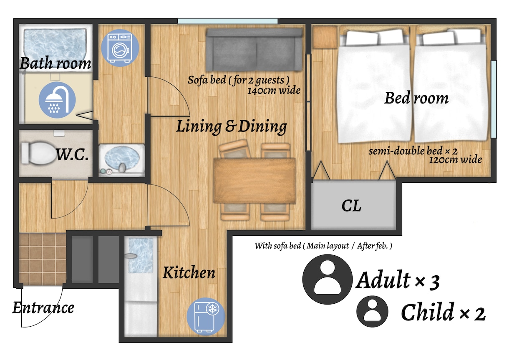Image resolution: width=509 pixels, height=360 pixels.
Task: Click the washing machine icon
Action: (120, 48)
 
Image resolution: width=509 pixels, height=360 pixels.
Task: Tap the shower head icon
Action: (57, 100)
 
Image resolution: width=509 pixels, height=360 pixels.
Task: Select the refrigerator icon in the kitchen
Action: (206, 316)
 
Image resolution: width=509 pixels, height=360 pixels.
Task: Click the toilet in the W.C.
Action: (39, 153)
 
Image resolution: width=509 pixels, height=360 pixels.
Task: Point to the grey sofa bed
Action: (254, 50)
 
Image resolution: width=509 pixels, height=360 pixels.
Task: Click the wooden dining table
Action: (255, 181)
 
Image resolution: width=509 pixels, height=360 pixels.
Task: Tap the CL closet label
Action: (351, 206)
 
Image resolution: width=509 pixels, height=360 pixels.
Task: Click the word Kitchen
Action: (189, 272)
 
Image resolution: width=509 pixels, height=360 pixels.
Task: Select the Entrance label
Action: (43, 308)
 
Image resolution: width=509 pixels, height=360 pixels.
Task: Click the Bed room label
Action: (416, 98)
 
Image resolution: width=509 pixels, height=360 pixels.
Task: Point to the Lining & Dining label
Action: (232, 126)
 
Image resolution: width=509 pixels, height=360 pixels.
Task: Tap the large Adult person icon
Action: (328, 279)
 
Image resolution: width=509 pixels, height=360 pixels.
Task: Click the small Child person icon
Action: (372, 311)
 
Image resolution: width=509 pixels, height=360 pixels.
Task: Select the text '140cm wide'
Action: (274, 91)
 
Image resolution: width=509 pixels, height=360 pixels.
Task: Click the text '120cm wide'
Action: (455, 160)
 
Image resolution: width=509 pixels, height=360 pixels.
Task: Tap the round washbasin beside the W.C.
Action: (122, 159)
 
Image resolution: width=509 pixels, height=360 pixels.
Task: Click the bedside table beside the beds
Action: (325, 37)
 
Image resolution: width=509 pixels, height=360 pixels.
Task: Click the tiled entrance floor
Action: (42, 259)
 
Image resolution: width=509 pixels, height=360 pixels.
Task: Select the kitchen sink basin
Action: (141, 255)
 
